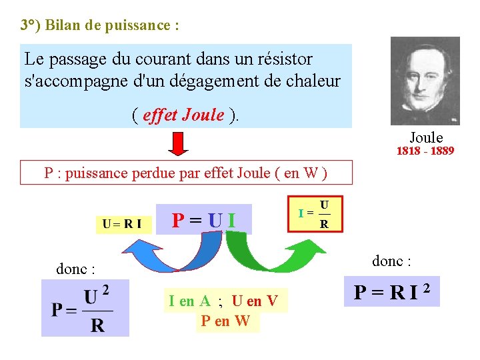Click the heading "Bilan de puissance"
coord(100,26)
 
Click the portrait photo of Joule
coord(425,80)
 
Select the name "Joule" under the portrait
coord(426,138)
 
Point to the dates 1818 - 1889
coord(425,151)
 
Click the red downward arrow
coord(178,142)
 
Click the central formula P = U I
coord(204,219)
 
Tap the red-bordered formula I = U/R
coord(313,213)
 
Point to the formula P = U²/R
coord(85,308)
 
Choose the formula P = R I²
coord(391,291)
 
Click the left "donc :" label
coord(75,269)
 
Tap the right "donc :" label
coord(391,261)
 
